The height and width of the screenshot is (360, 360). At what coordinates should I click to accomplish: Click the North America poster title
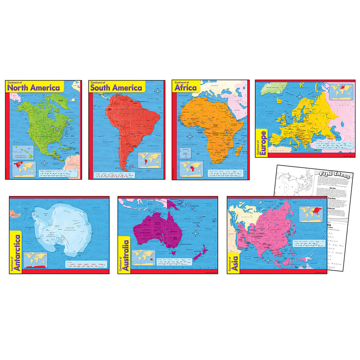(33, 88)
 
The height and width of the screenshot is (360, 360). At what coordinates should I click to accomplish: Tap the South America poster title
(116, 88)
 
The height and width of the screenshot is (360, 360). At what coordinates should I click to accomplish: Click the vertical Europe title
(262, 143)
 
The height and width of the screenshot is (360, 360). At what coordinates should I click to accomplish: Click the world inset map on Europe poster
(341, 91)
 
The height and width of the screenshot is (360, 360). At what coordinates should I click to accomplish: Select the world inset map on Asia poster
(310, 214)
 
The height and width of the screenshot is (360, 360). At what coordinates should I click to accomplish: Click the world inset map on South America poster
(150, 160)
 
